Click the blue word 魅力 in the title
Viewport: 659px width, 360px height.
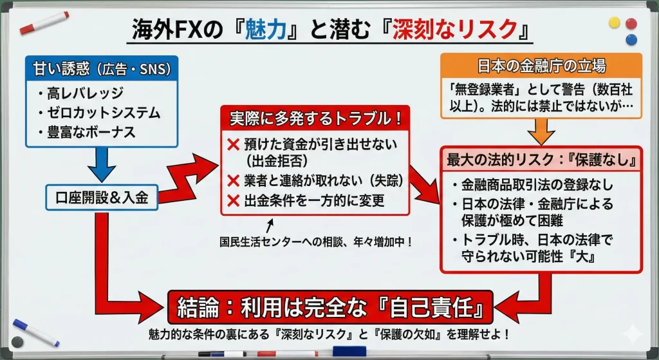[266, 30]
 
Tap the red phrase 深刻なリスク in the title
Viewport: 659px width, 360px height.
[455, 30]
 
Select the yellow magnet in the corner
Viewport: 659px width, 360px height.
[615, 23]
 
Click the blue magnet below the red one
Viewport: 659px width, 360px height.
[631, 40]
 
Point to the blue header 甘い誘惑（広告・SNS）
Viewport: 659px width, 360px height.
[102, 68]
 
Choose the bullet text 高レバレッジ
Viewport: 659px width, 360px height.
[86, 93]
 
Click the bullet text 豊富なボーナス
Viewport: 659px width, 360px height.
[91, 132]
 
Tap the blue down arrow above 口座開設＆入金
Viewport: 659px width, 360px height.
[102, 165]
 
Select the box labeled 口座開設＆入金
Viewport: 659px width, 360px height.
[102, 197]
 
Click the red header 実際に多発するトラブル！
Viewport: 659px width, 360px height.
[315, 118]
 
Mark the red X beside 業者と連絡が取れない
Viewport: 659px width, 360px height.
[233, 181]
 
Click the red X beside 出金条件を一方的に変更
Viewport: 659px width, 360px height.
[233, 200]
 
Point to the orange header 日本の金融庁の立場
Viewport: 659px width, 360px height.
[541, 66]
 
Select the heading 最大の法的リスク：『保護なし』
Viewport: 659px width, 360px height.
[541, 160]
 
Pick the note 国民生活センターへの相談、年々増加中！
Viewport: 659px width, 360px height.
[316, 242]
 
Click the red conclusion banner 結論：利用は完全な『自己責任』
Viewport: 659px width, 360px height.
[330, 308]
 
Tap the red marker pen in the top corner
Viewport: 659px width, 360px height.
[44, 24]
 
